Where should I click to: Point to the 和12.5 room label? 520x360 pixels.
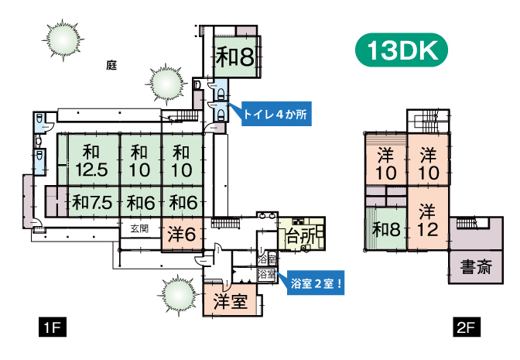(92, 159)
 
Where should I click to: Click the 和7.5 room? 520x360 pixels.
(92, 203)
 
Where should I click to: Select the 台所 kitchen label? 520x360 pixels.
(299, 238)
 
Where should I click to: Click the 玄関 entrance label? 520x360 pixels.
(139, 228)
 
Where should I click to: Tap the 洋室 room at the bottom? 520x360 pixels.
(231, 301)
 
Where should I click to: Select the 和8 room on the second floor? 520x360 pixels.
(385, 230)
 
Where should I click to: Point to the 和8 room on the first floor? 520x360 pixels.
(234, 57)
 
